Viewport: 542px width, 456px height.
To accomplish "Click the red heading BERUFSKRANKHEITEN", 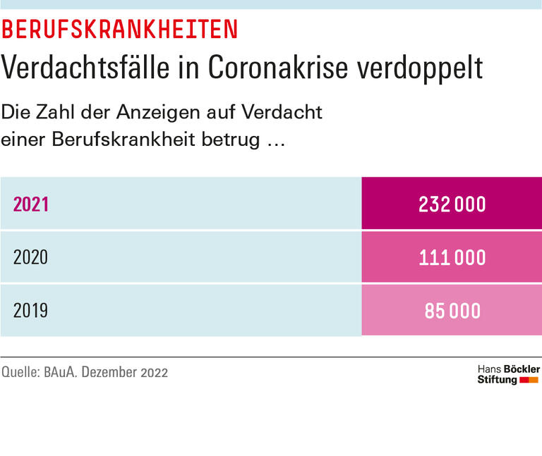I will (119, 30).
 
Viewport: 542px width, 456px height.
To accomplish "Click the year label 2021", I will (31, 204).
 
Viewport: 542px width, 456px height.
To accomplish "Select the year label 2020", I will (31, 257).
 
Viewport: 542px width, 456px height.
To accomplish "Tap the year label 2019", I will (31, 310).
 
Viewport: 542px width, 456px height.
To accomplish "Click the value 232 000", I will (452, 204).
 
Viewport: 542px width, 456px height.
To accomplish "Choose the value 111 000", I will (452, 257).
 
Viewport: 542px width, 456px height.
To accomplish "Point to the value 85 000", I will (452, 310).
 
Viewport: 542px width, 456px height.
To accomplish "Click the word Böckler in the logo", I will (522, 369).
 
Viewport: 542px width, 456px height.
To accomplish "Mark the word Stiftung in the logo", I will (497, 381).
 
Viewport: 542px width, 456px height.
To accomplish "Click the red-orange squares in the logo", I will (529, 381).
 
